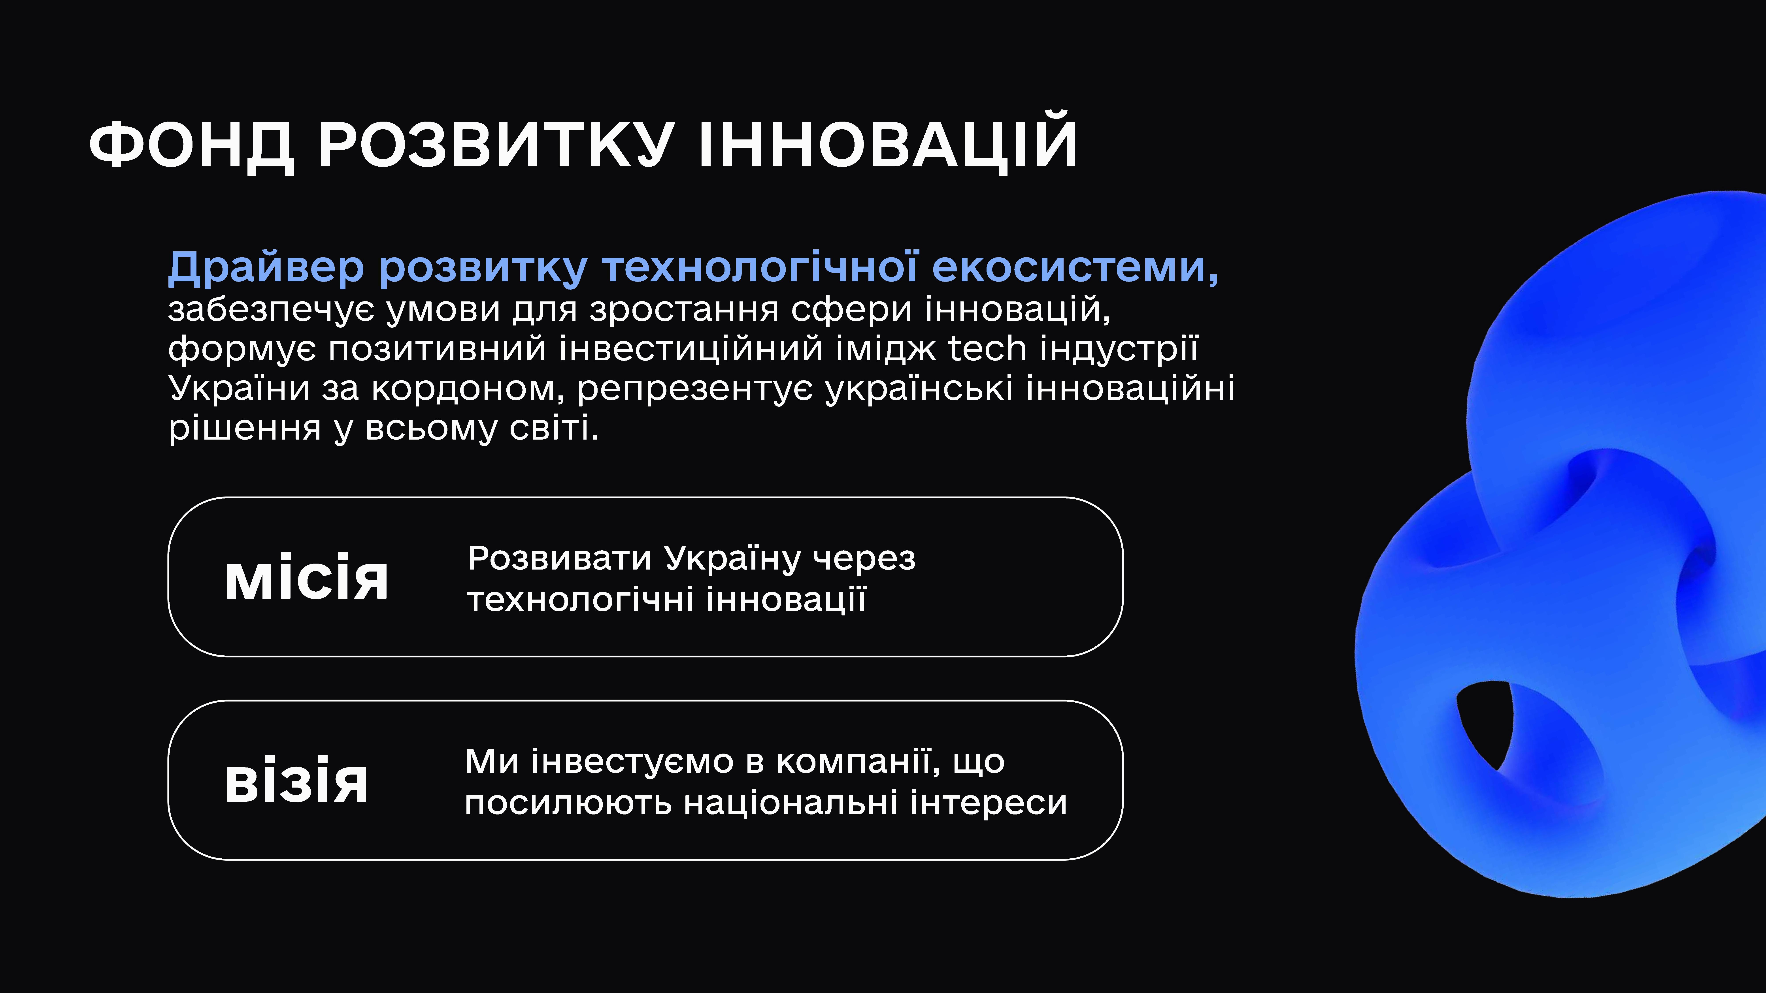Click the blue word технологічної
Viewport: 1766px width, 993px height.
(x=760, y=267)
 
